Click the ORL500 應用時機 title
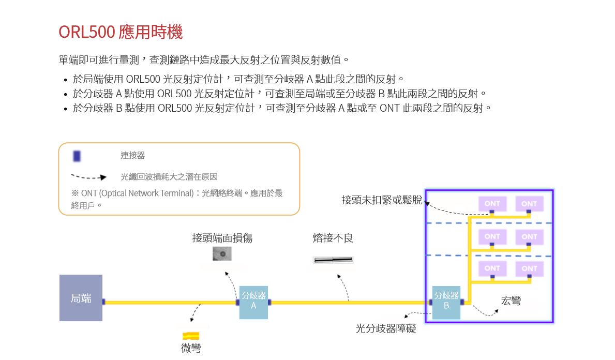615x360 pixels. [121, 32]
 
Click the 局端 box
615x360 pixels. [81, 298]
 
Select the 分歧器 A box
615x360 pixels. [253, 302]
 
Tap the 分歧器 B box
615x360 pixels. [446, 302]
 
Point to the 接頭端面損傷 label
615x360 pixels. [222, 238]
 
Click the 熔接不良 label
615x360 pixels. [333, 238]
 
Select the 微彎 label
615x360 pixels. [191, 348]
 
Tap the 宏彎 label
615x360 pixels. [511, 301]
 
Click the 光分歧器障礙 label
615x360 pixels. [386, 328]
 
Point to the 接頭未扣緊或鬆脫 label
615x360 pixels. [382, 200]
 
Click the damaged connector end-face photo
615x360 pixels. [222, 254]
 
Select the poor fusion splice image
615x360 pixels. [333, 260]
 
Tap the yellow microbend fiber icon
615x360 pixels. [191, 336]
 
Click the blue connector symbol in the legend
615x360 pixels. [77, 156]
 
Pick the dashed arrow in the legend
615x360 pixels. [88, 177]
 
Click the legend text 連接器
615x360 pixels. [133, 155]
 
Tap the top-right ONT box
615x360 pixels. [529, 204]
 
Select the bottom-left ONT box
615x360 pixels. [492, 268]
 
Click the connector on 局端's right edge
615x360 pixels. [103, 302]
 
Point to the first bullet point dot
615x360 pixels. [65, 80]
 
